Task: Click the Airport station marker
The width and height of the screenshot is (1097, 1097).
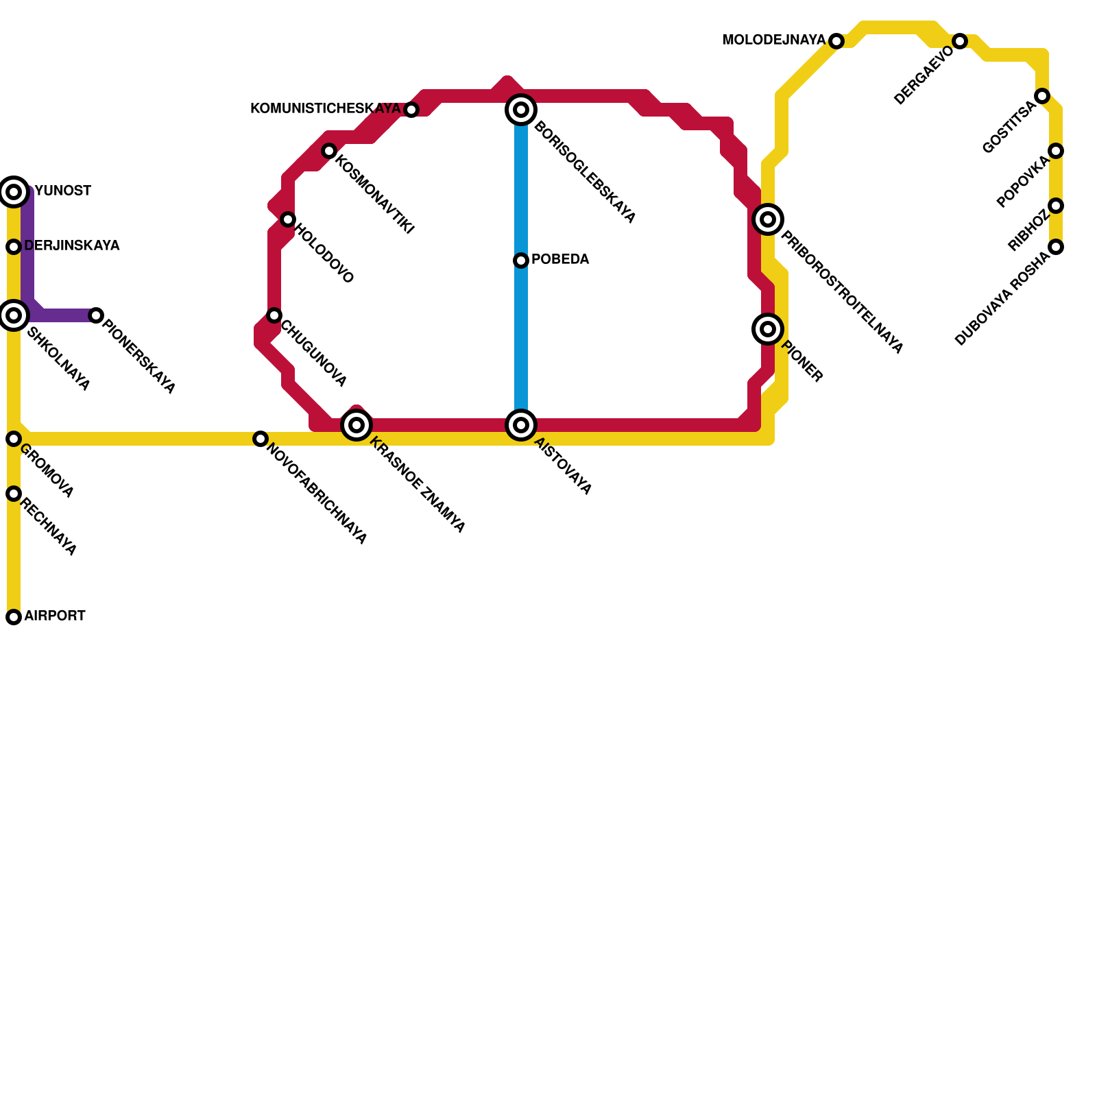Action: [x=14, y=617]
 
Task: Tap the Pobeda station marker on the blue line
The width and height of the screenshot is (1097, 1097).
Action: [x=521, y=261]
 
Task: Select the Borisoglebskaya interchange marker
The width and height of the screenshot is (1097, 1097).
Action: [x=521, y=110]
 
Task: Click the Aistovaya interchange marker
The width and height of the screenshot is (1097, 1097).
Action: [x=521, y=425]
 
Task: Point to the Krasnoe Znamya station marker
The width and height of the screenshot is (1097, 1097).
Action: [x=357, y=425]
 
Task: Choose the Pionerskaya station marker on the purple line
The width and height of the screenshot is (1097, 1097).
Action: [x=96, y=315]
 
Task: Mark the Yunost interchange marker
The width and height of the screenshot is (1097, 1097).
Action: [x=14, y=192]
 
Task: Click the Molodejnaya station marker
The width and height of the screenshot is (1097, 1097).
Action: [x=836, y=41]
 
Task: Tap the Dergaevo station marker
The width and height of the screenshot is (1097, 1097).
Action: [x=960, y=41]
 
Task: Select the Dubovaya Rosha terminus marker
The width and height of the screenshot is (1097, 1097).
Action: [x=1056, y=247]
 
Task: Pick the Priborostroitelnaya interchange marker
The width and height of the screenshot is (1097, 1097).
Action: [x=768, y=219]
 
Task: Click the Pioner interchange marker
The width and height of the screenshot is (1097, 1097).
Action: [x=768, y=329]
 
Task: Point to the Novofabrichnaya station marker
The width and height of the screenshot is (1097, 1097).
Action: [x=261, y=439]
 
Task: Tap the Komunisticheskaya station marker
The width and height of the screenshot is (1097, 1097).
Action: [x=411, y=110]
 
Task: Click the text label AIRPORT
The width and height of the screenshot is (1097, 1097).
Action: [x=55, y=616]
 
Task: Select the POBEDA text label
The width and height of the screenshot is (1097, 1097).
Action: [x=560, y=260]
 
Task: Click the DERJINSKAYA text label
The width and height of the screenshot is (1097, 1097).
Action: [x=72, y=246]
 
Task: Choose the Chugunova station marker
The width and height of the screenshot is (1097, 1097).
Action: [x=274, y=315]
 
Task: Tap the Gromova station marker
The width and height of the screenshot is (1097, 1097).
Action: [x=14, y=439]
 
